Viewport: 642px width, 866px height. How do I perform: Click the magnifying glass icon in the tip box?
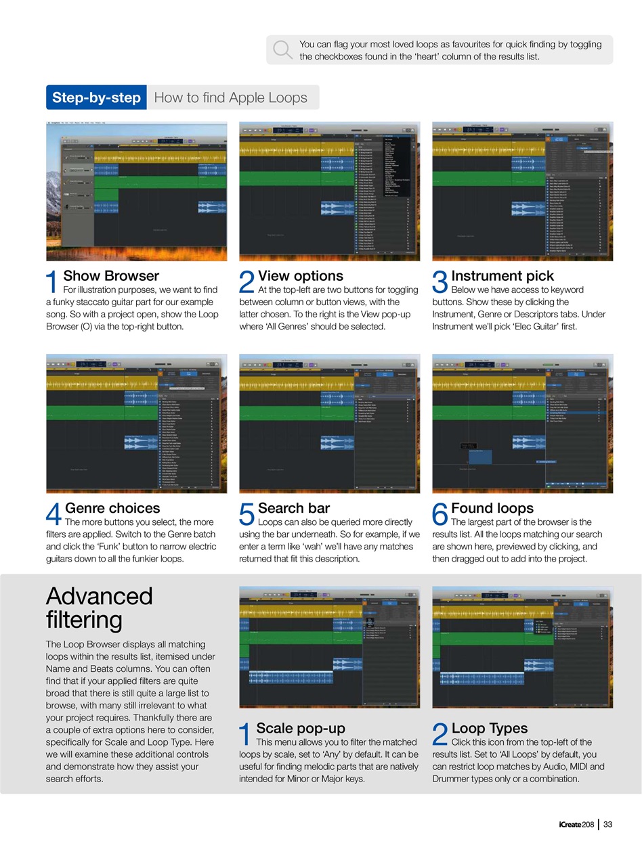[x=282, y=49]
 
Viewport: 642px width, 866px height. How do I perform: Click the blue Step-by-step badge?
[x=95, y=97]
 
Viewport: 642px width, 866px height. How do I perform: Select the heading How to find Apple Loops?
[x=230, y=97]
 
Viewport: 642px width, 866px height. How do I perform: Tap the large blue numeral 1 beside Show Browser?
[x=51, y=283]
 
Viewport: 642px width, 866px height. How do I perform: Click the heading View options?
[x=300, y=276]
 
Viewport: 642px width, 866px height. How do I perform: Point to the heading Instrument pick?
[x=502, y=276]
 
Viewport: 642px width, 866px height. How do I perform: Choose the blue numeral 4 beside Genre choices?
[x=53, y=515]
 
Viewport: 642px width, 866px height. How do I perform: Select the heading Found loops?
[x=492, y=508]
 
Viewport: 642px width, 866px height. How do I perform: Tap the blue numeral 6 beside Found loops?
[x=440, y=515]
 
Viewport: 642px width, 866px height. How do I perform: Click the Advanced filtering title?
[x=100, y=608]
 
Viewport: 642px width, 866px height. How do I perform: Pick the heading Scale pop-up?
[x=300, y=728]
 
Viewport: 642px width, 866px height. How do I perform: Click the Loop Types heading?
[x=489, y=728]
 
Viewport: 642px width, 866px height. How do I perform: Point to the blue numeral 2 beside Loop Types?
[x=440, y=735]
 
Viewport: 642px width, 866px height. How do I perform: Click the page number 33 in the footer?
[x=607, y=824]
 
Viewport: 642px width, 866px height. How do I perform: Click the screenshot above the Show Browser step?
[x=136, y=191]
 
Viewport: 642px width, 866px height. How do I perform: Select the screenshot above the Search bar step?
[x=329, y=424]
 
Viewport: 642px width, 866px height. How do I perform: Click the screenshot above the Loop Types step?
[x=522, y=647]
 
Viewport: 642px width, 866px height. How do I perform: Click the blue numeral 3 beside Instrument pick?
[x=440, y=283]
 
